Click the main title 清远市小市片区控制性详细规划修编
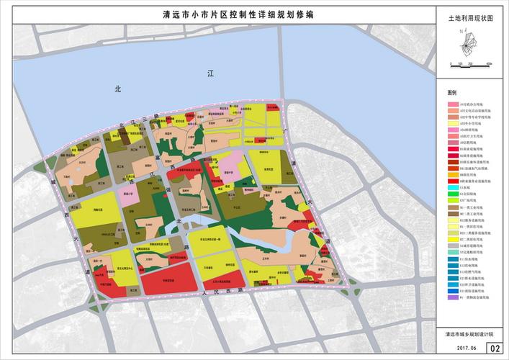click(238, 14)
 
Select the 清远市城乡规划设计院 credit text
click(471, 333)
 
